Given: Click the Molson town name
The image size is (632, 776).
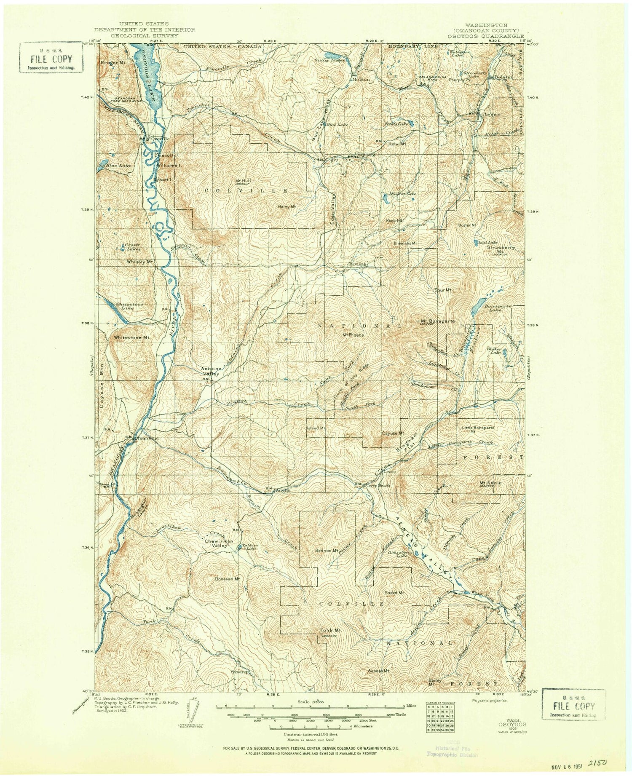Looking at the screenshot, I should [x=361, y=79].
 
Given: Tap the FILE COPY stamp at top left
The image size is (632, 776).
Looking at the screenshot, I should [x=50, y=59].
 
